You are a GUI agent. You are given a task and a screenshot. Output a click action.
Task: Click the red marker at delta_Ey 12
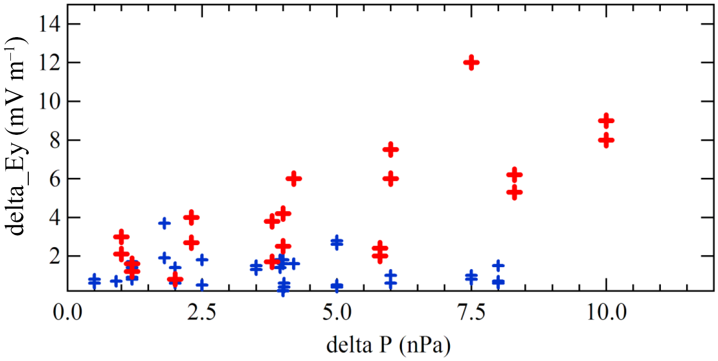point(471,63)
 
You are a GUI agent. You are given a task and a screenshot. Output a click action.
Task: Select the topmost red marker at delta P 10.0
point(606,121)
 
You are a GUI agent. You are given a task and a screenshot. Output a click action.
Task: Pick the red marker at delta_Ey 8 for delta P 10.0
point(606,140)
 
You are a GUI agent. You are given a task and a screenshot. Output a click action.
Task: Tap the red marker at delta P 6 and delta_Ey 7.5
point(391,149)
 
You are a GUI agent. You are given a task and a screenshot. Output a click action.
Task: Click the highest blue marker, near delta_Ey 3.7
point(165,223)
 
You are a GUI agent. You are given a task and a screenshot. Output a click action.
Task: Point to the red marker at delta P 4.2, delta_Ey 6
point(294,179)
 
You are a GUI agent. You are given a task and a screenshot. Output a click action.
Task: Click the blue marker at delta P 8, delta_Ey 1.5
point(498,265)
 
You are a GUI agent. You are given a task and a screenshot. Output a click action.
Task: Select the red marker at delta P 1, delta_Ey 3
point(121,237)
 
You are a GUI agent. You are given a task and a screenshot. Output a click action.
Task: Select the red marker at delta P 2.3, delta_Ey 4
point(191,217)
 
